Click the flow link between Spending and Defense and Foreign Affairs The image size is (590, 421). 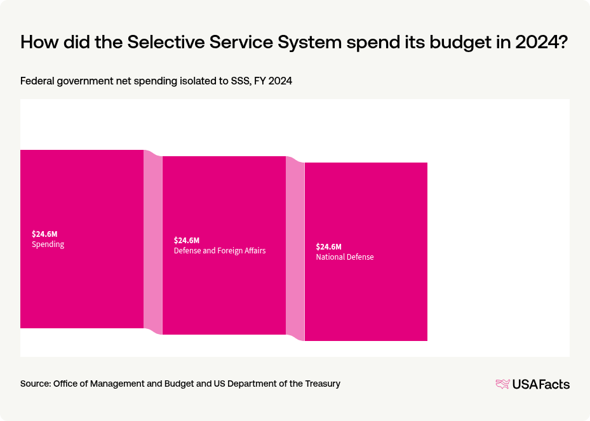[x=153, y=242]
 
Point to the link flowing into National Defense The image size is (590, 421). [x=295, y=248]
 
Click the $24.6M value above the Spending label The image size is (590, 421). [x=44, y=234]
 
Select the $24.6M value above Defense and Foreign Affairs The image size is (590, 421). [x=187, y=240]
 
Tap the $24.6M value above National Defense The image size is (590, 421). [x=329, y=246]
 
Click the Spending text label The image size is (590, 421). [x=48, y=244]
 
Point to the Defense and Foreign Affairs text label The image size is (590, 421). [x=220, y=251]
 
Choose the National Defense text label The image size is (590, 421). [x=345, y=257]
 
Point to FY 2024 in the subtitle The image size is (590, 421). [x=272, y=81]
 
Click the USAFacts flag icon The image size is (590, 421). [x=502, y=384]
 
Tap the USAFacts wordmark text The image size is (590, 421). [x=541, y=384]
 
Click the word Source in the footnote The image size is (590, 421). [x=35, y=384]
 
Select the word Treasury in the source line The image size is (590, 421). [x=321, y=384]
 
